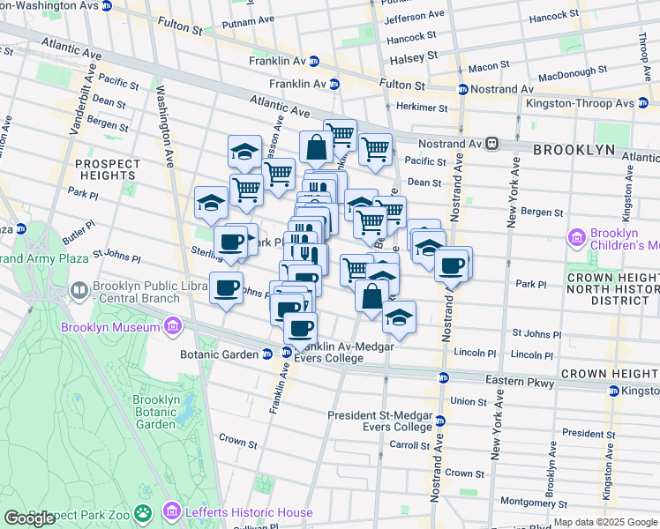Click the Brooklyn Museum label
(x=110, y=328)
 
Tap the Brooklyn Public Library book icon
(x=79, y=290)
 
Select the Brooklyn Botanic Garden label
(x=156, y=412)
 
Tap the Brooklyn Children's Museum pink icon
(x=578, y=237)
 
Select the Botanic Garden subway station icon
(x=266, y=354)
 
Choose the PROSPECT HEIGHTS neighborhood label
(x=107, y=171)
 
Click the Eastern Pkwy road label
(x=521, y=381)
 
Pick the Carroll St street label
(x=410, y=446)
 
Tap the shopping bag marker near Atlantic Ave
(x=316, y=147)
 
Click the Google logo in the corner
(x=29, y=518)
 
